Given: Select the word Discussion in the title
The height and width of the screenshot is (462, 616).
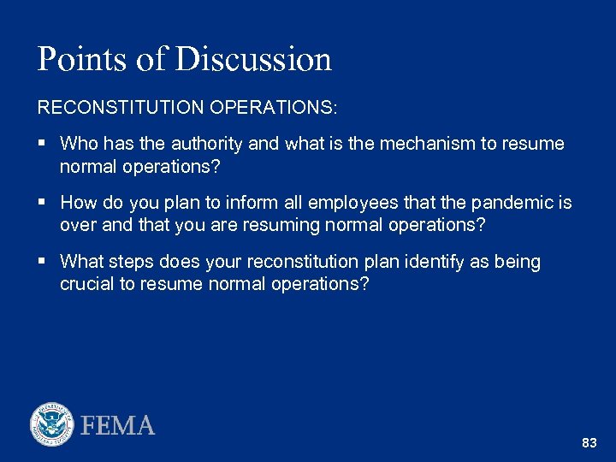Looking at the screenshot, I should point(254,59).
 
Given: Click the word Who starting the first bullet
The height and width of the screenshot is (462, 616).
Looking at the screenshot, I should point(80,144).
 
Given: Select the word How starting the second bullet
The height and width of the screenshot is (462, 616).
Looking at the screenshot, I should point(80,203).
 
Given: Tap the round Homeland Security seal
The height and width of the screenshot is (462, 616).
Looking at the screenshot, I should point(52,424).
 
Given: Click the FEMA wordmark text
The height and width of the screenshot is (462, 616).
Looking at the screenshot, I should point(118,425).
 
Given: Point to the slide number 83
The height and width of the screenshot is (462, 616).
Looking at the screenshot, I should point(589,443).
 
